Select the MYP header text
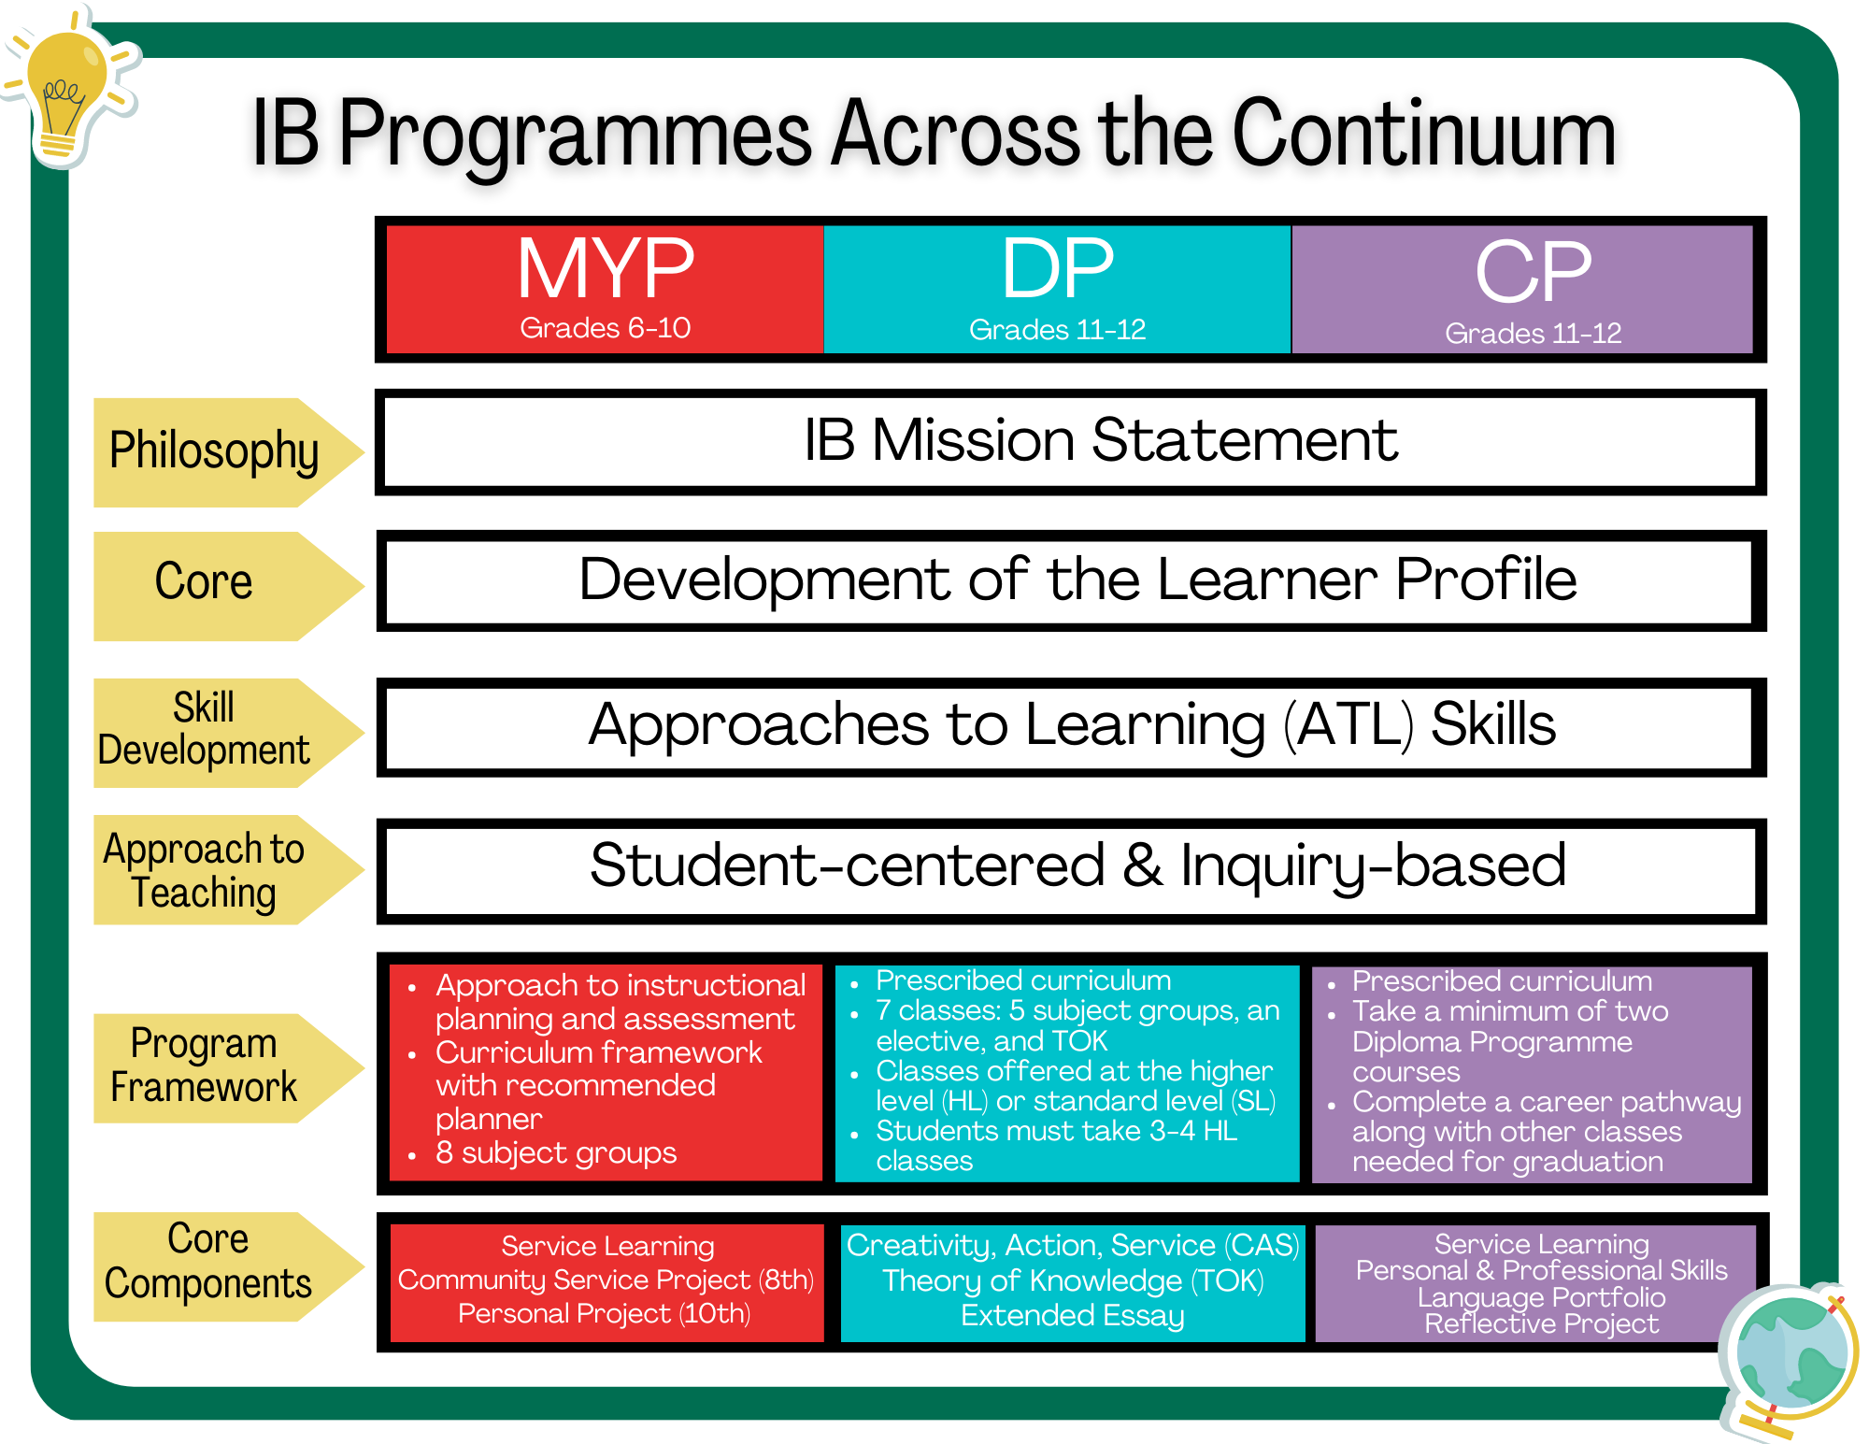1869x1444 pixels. (x=606, y=269)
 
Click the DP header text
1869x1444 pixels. (x=1057, y=269)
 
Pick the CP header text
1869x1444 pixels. (x=1533, y=272)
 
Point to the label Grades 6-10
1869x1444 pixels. (x=606, y=328)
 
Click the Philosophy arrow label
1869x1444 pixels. (x=215, y=451)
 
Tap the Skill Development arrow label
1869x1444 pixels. (x=204, y=730)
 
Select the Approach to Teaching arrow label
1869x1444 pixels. (x=204, y=870)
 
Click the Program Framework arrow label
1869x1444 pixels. (x=204, y=1066)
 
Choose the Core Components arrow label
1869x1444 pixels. (x=207, y=1262)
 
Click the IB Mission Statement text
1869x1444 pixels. (x=1100, y=440)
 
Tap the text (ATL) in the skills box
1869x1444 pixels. (x=1348, y=725)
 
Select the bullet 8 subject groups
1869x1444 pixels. (x=555, y=1152)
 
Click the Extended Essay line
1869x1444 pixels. (x=1072, y=1316)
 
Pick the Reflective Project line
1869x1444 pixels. (x=1541, y=1324)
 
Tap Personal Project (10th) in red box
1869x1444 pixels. (x=604, y=1314)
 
